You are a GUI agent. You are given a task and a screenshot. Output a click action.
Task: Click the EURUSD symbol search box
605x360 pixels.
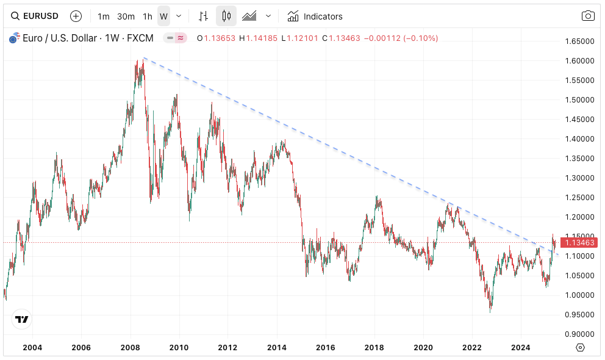click(x=35, y=16)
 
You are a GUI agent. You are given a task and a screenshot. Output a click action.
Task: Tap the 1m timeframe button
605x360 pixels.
click(x=104, y=16)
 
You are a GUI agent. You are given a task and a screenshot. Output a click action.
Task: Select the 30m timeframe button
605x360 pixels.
click(x=126, y=16)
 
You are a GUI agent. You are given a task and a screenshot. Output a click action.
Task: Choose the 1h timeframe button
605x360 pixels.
click(x=148, y=16)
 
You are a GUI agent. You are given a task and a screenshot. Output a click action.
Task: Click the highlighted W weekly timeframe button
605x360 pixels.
click(x=163, y=16)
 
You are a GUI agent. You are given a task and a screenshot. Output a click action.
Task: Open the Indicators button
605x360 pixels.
click(x=315, y=16)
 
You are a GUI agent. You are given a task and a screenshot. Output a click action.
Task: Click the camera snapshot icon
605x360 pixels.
click(x=588, y=16)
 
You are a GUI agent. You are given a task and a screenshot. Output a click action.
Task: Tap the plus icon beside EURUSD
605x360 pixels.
click(x=76, y=16)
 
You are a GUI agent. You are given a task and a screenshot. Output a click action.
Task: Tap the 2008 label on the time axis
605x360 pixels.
click(x=130, y=347)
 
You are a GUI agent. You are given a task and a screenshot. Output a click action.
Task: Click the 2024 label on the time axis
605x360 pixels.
click(x=520, y=347)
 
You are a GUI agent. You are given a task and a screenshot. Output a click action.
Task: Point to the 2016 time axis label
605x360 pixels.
click(x=325, y=347)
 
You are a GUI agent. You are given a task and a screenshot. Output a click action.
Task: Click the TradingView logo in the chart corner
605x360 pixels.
click(x=22, y=319)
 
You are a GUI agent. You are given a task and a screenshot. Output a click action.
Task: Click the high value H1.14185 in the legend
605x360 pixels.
click(x=258, y=38)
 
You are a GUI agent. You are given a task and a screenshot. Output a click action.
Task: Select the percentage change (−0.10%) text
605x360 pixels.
click(x=418, y=38)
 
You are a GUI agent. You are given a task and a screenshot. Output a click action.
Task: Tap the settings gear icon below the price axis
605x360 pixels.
click(x=580, y=347)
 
